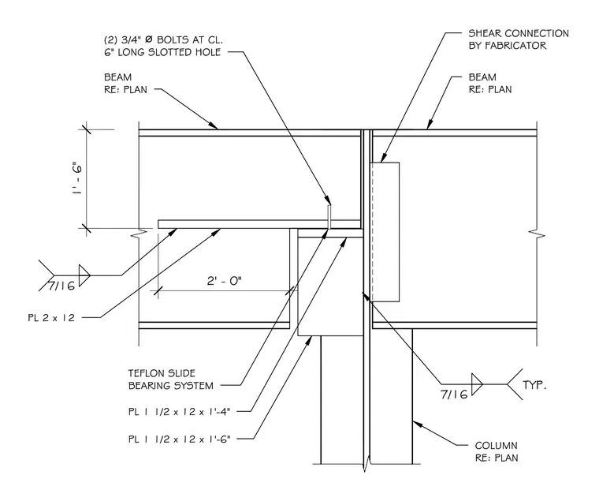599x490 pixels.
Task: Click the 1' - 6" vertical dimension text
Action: point(76,179)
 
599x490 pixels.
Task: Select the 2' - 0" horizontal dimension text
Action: point(225,282)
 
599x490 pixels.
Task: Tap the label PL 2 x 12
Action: point(51,317)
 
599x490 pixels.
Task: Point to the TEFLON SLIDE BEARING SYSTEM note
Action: point(171,380)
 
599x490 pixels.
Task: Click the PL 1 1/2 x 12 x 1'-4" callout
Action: point(180,412)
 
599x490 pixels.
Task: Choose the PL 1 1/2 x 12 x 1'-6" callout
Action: point(180,439)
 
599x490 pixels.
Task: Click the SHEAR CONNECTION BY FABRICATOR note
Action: point(519,39)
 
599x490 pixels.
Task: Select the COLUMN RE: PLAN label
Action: point(497,451)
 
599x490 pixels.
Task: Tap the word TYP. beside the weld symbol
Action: point(534,385)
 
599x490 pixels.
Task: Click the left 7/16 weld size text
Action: point(61,286)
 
